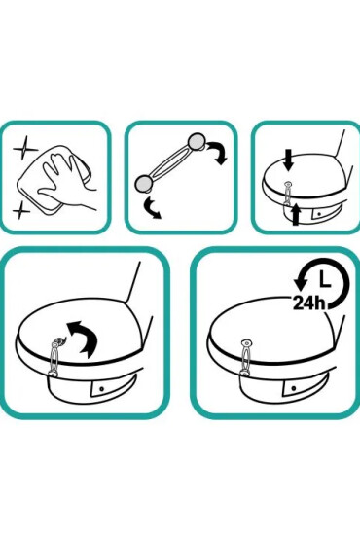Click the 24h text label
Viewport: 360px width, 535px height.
(x=308, y=303)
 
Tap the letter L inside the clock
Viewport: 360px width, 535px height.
(x=324, y=278)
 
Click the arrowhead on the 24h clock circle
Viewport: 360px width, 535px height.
(x=301, y=283)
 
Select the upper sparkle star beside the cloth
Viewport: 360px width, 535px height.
(x=24, y=149)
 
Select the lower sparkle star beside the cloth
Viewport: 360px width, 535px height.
(x=21, y=210)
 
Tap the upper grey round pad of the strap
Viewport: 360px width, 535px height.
(x=197, y=141)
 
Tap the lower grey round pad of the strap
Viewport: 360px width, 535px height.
(x=143, y=183)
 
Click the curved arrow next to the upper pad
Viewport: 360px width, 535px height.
(x=219, y=153)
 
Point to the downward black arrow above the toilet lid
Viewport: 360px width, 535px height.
(x=289, y=160)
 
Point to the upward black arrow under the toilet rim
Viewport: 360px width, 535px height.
(x=296, y=214)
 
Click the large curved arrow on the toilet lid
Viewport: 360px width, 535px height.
(x=85, y=338)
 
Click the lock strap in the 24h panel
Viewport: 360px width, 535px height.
(x=246, y=358)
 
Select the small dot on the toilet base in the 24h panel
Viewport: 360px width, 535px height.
(x=294, y=388)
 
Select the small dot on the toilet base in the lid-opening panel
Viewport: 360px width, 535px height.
(x=102, y=389)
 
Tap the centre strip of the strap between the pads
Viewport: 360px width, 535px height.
(x=170, y=162)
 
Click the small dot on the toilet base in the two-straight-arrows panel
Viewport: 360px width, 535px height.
(x=319, y=214)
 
